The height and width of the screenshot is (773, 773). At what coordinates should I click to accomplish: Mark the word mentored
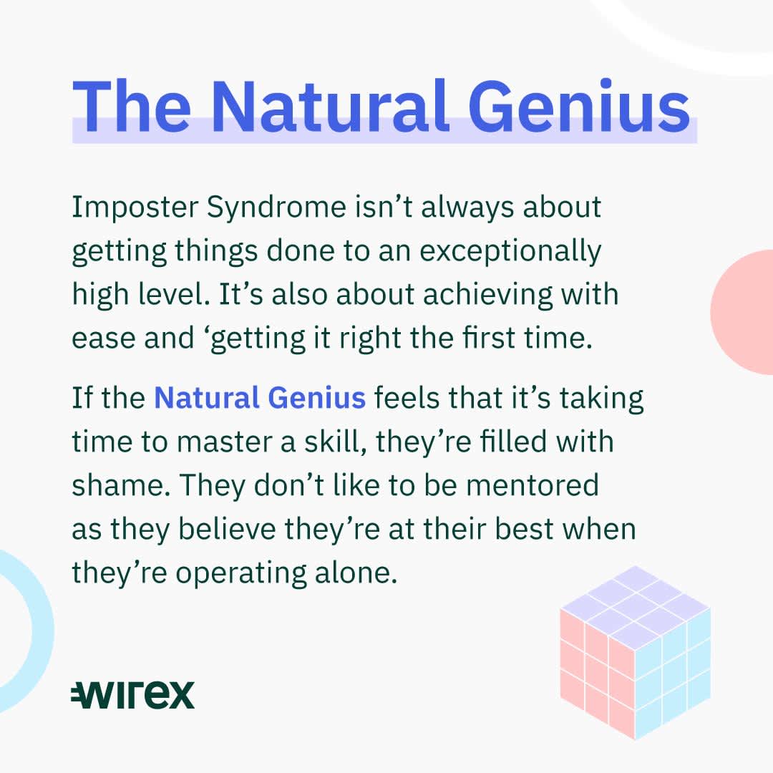[x=532, y=485]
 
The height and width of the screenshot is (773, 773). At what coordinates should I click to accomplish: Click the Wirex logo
[x=133, y=694]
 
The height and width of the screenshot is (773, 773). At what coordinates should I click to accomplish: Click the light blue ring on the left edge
[x=43, y=631]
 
